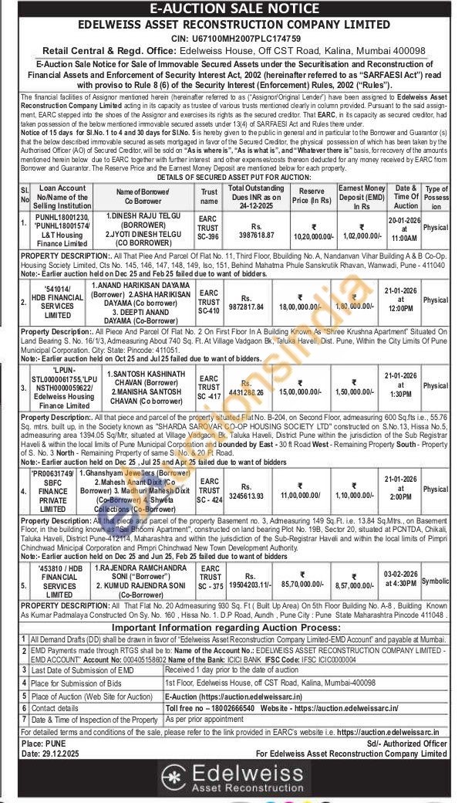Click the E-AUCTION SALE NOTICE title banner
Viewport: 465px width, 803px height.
click(x=232, y=8)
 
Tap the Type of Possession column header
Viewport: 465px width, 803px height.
click(x=436, y=197)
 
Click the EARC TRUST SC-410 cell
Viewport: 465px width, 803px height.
click(x=210, y=300)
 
